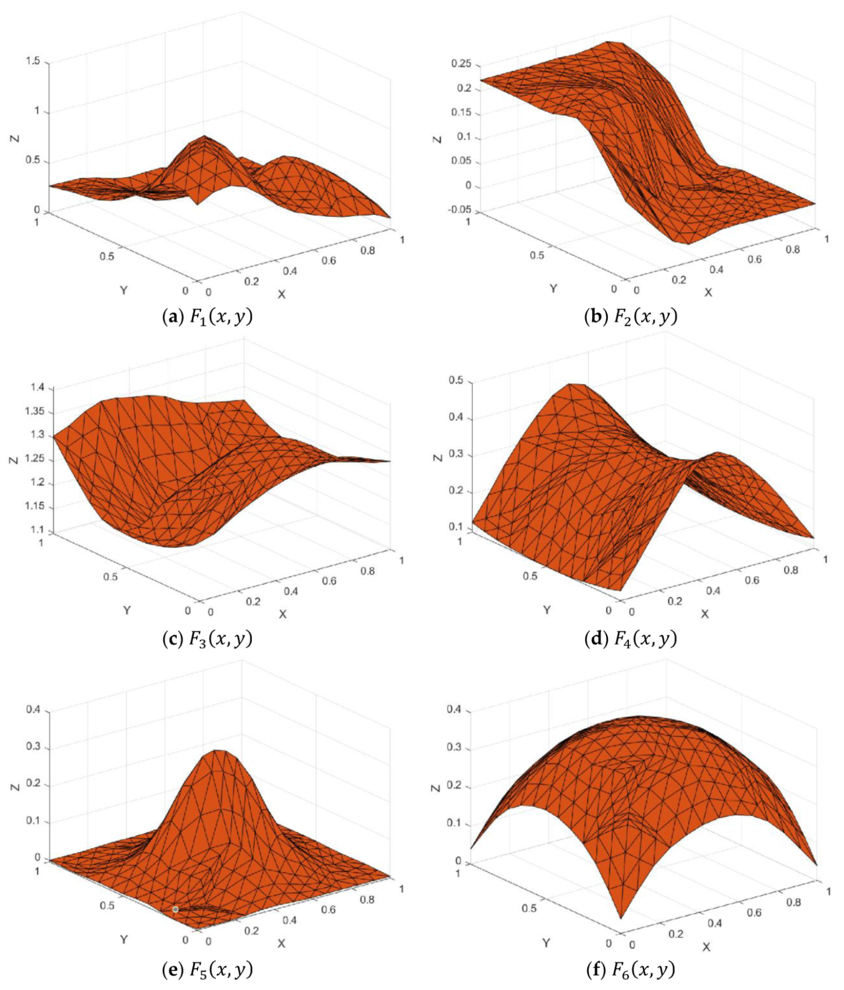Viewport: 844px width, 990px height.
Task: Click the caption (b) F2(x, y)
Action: point(631,317)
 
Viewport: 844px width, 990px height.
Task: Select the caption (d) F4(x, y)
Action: point(631,639)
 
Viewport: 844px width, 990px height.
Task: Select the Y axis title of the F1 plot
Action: point(123,290)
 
